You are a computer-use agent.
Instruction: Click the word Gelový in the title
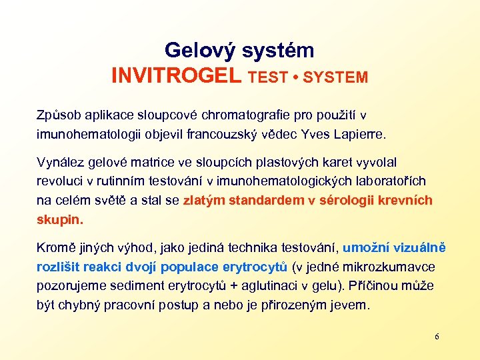point(200,51)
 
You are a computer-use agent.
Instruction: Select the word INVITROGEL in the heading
point(177,76)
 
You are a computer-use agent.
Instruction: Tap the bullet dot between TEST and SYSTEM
point(295,77)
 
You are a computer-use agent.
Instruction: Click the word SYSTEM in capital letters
point(335,77)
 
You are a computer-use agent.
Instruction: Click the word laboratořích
point(391,181)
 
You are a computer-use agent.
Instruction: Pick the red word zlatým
point(204,200)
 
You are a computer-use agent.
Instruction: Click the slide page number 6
point(437,337)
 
